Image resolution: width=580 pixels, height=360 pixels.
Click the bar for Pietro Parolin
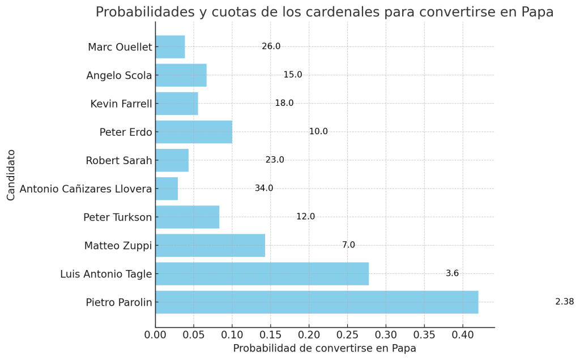pyautogui.click(x=317, y=302)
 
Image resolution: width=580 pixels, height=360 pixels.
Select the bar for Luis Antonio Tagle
pyautogui.click(x=262, y=274)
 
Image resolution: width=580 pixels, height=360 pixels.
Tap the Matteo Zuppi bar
pyautogui.click(x=210, y=245)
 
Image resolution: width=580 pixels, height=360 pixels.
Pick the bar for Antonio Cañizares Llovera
pyautogui.click(x=167, y=188)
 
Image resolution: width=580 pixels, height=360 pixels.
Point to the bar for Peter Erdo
pyautogui.click(x=194, y=132)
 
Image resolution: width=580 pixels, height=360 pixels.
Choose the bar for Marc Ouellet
pyautogui.click(x=170, y=47)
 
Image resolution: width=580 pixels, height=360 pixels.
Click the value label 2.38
pyautogui.click(x=564, y=302)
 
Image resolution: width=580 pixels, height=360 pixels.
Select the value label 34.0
pyautogui.click(x=264, y=188)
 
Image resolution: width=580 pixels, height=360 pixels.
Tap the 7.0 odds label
pyautogui.click(x=348, y=245)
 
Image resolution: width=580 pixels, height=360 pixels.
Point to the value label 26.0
pyautogui.click(x=271, y=46)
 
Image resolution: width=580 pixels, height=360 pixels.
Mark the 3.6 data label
pyautogui.click(x=452, y=273)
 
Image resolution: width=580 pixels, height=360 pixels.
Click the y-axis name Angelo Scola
pyautogui.click(x=119, y=75)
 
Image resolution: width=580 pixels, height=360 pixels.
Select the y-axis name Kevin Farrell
pyautogui.click(x=121, y=104)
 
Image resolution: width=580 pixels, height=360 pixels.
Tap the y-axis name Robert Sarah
pyautogui.click(x=119, y=160)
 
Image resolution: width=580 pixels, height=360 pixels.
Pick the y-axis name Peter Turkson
pyautogui.click(x=118, y=217)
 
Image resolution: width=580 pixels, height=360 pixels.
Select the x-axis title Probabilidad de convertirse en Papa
pyautogui.click(x=325, y=349)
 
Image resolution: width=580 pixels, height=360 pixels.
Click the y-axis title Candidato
pyautogui.click(x=11, y=174)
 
